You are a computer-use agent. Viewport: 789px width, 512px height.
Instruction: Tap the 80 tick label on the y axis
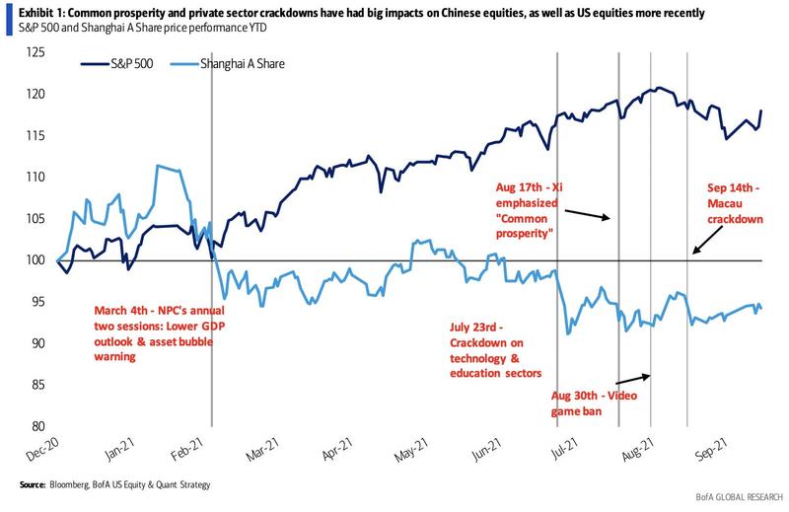click(38, 426)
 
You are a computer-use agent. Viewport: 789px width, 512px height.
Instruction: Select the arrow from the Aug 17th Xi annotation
click(590, 209)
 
